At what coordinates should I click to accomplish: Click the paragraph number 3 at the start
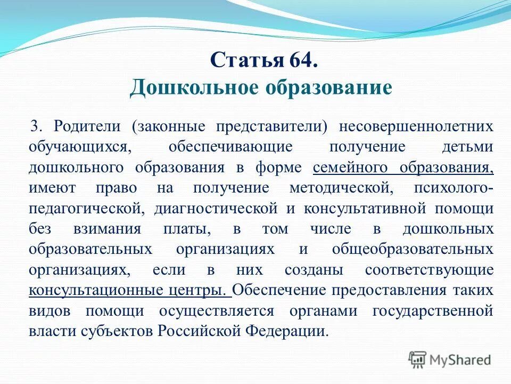(x=35, y=126)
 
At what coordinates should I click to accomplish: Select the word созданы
(x=309, y=270)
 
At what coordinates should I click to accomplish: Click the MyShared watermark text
(x=459, y=359)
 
